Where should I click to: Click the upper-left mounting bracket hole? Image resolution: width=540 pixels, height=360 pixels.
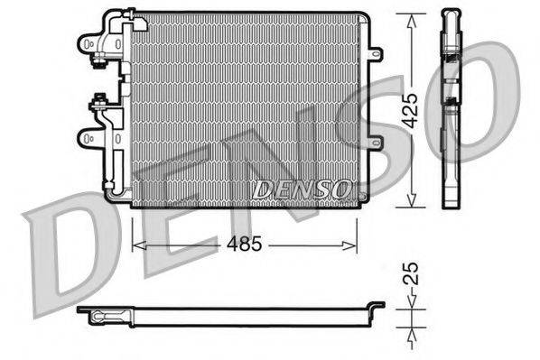point(88,42)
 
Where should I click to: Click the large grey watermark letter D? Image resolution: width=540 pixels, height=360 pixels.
point(68,248)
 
